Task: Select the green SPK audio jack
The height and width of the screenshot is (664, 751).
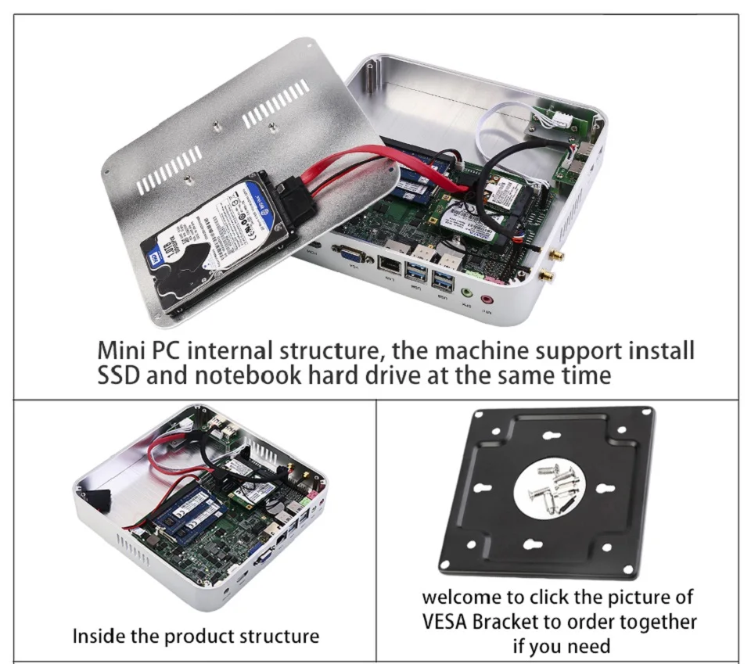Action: coord(466,294)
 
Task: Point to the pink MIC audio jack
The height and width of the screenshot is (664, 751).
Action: coord(488,299)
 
